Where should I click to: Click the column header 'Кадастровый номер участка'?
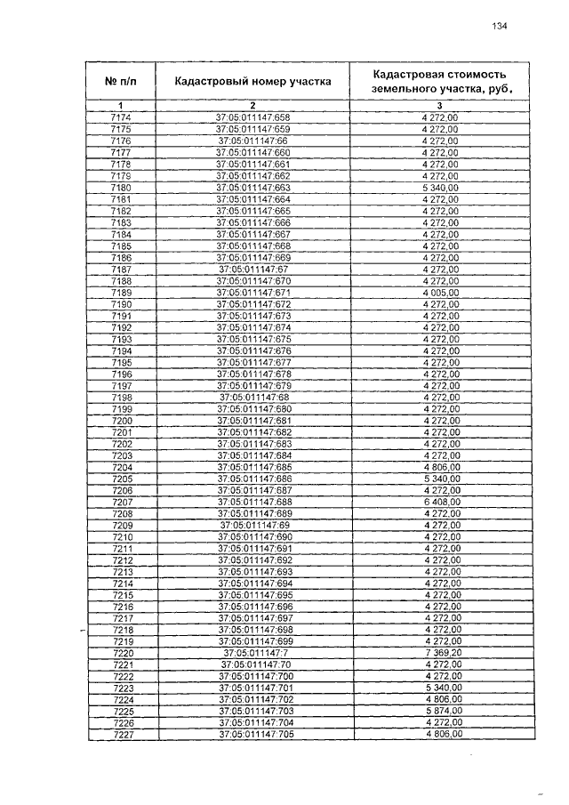pos(253,82)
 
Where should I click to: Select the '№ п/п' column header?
pos(122,82)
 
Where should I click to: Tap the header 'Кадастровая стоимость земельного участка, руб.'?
pos(442,82)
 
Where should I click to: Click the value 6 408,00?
pos(441,503)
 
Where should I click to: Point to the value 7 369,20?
pos(441,654)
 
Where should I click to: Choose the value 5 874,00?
pos(441,712)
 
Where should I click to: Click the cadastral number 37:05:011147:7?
pos(253,654)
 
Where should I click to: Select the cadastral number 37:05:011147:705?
pos(253,735)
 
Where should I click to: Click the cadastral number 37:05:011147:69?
pos(253,526)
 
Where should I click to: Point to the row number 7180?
pos(122,188)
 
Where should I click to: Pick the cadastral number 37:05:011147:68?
pos(253,398)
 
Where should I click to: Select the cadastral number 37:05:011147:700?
pos(253,677)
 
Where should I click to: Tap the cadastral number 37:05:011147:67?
pos(253,270)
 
